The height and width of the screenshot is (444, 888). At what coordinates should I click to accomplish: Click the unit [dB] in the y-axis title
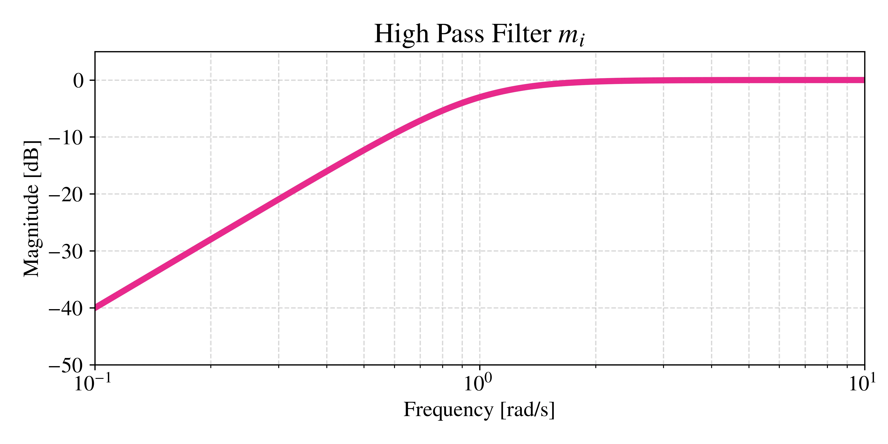32,159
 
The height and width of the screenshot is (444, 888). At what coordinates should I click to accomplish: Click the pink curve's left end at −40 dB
96,307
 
